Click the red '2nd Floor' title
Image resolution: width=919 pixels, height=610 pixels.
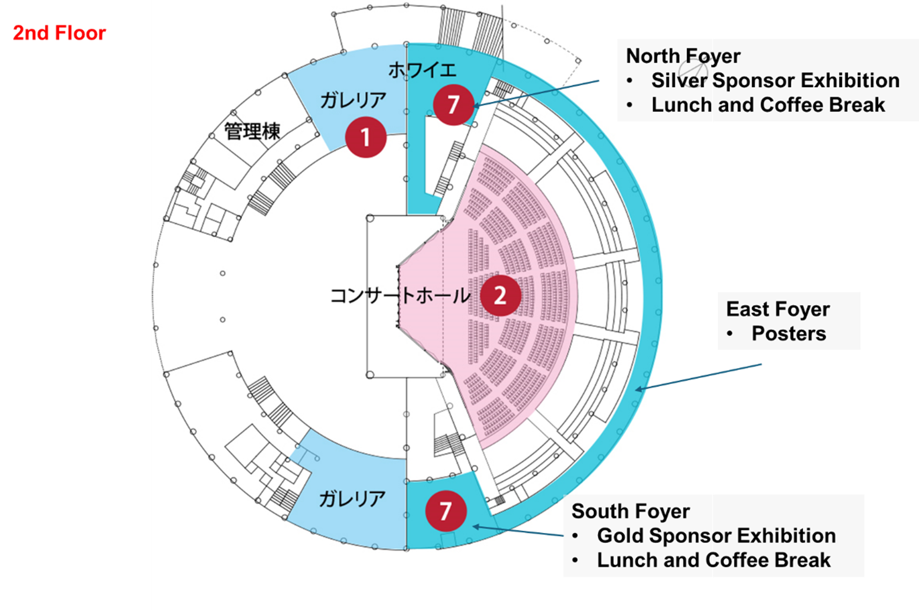[59, 33]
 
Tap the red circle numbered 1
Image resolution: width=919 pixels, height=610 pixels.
[366, 137]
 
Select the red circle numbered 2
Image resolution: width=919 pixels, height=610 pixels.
[500, 296]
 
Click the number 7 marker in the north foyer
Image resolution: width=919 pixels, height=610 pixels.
[453, 105]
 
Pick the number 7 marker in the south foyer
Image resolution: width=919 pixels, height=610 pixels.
[446, 511]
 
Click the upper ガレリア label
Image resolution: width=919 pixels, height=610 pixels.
[353, 100]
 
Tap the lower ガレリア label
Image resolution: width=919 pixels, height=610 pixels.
[352, 499]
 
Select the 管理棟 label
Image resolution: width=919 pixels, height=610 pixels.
[252, 131]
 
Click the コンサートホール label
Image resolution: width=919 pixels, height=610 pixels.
[400, 296]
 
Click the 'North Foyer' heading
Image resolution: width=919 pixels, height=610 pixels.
[683, 56]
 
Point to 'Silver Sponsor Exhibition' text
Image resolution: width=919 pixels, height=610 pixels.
[775, 81]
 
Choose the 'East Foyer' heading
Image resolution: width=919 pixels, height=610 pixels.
[778, 309]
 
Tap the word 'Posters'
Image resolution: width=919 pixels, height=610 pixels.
[788, 334]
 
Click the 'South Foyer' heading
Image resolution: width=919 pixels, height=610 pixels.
[630, 511]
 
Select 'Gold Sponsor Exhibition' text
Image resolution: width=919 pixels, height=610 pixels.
[716, 536]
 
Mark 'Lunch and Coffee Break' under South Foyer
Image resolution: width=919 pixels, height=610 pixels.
[713, 560]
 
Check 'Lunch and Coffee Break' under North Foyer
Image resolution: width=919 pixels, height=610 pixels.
[768, 105]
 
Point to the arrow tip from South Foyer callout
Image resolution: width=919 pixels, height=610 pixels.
[473, 526]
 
